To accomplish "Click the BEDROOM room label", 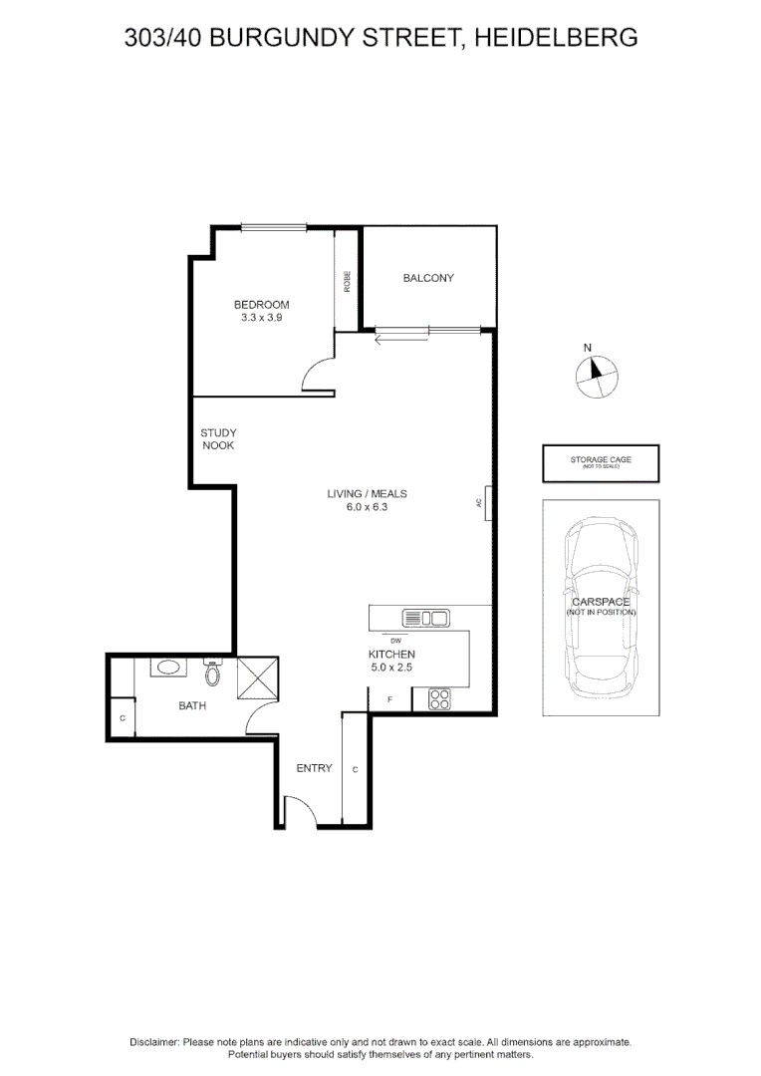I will click(x=261, y=305).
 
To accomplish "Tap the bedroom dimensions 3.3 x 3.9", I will click(x=261, y=318).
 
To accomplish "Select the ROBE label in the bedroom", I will click(x=347, y=282).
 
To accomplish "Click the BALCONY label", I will click(x=428, y=278).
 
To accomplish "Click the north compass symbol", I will click(x=597, y=375).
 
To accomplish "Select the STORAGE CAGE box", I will click(x=601, y=463).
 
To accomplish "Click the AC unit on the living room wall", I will click(x=487, y=503).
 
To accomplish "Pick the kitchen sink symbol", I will click(x=424, y=618).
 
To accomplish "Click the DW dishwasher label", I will click(x=395, y=640).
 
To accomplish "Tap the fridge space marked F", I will click(x=389, y=700).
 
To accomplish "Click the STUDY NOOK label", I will click(x=218, y=439).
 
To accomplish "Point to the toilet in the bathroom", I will click(x=211, y=673).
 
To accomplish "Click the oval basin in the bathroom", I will click(x=165, y=668).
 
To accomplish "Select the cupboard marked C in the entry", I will click(x=356, y=769).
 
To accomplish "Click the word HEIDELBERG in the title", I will click(x=556, y=38).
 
